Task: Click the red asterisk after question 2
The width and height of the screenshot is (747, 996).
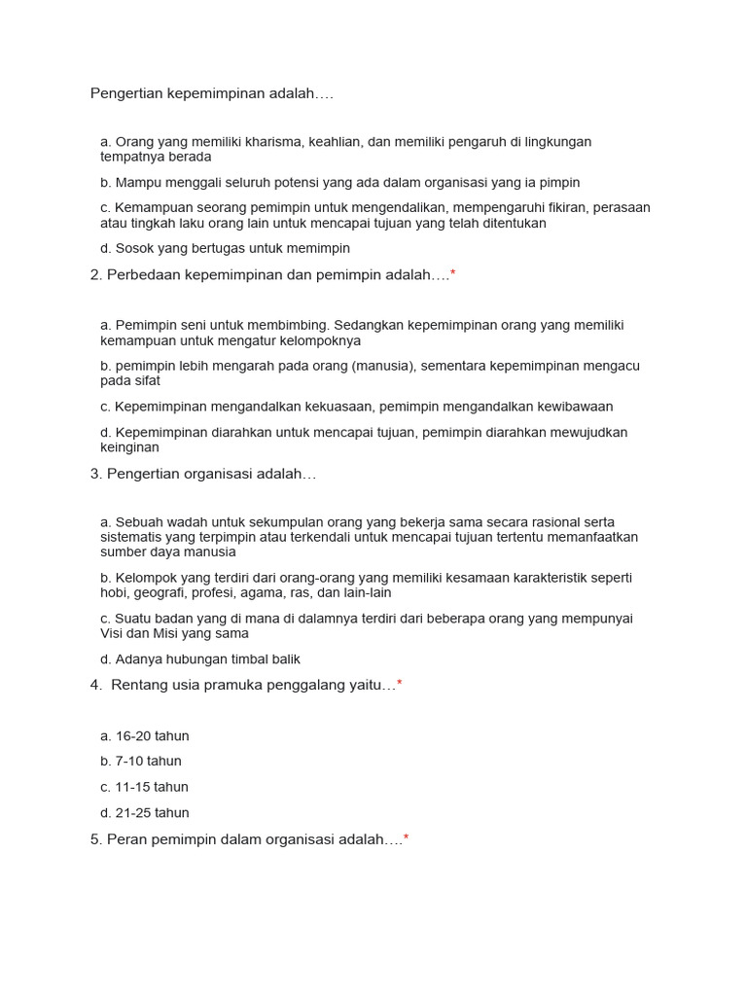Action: tap(453, 274)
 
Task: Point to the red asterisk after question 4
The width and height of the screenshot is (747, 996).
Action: tap(400, 685)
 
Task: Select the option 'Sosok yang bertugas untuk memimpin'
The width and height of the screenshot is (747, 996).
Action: tap(232, 249)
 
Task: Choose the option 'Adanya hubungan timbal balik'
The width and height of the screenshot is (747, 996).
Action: tap(207, 659)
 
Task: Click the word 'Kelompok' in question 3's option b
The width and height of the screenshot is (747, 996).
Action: tap(144, 578)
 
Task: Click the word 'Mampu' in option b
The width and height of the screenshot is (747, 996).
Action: tap(135, 183)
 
